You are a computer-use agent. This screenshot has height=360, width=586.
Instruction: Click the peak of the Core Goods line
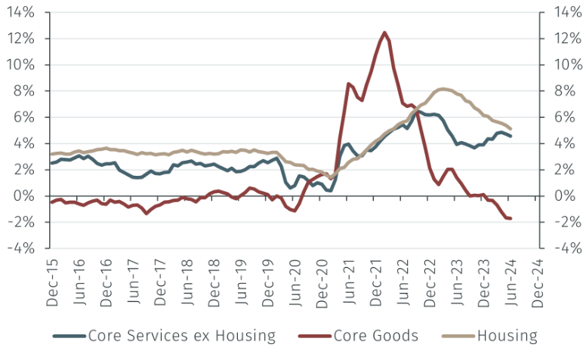click(384, 32)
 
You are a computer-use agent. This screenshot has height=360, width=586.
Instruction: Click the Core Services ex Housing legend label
click(180, 336)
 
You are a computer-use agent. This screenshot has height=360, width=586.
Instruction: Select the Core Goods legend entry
click(375, 336)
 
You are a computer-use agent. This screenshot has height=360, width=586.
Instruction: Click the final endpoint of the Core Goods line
click(511, 219)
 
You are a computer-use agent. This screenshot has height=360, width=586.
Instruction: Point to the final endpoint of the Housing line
click(511, 129)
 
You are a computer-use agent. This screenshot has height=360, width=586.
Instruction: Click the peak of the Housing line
click(443, 89)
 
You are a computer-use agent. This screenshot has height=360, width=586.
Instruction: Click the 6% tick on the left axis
click(24, 117)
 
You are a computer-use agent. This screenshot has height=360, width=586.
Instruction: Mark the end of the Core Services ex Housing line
click(511, 137)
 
